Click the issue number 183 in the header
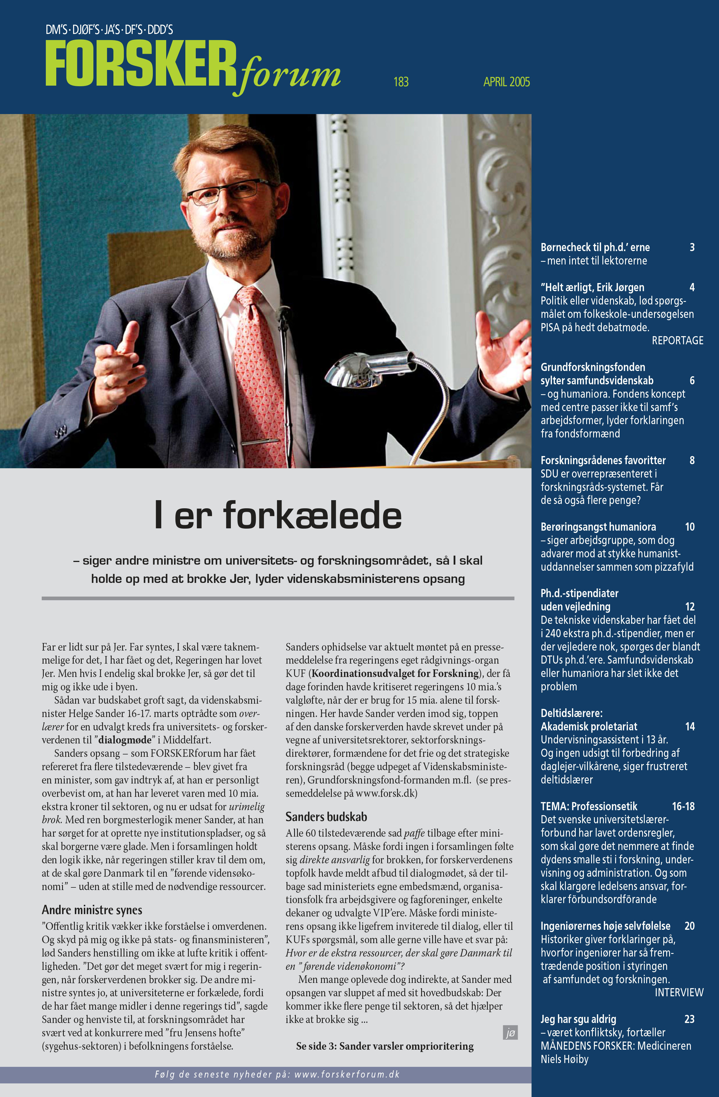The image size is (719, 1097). point(401,82)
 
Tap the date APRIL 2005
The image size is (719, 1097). point(506,82)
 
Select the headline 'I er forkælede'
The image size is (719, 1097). point(278,515)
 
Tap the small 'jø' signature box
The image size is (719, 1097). point(510,1033)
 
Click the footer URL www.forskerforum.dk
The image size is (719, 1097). point(347,1074)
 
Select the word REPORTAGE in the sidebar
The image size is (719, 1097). point(677,341)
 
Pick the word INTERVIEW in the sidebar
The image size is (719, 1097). point(679,992)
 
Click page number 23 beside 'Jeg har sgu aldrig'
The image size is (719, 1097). point(689,1019)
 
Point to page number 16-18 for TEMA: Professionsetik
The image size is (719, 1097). point(683,806)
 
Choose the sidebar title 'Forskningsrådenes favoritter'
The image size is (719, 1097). point(603,460)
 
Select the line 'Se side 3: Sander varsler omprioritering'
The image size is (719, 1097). point(385,1046)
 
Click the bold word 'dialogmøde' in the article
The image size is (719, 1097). point(125,740)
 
